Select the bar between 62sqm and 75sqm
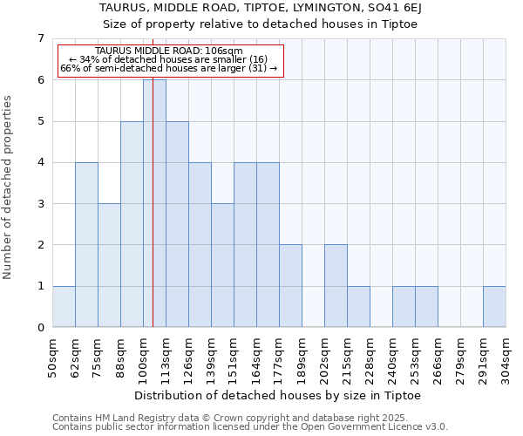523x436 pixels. tap(86, 244)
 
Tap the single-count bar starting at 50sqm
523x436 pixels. tap(64, 306)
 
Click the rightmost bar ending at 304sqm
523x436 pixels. tap(494, 306)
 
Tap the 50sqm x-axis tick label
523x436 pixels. tap(53, 358)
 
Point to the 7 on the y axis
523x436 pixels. tap(40, 38)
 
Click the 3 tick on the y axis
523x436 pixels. tap(40, 204)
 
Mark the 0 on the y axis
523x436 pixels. tap(40, 328)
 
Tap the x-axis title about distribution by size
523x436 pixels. tap(279, 395)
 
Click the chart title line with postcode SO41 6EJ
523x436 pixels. tap(261, 8)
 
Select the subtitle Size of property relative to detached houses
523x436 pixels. tap(261, 24)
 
